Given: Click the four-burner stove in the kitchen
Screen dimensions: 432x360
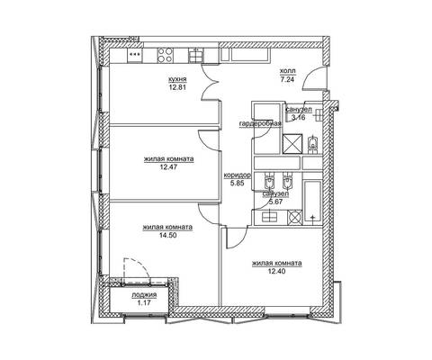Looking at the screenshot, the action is click(x=165, y=55).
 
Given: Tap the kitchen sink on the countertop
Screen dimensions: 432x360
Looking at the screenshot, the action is click(x=195, y=56).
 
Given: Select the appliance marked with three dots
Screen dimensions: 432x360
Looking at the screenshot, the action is click(x=135, y=56).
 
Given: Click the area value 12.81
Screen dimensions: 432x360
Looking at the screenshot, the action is click(x=177, y=88).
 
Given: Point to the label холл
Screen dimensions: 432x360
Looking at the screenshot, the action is click(x=287, y=71).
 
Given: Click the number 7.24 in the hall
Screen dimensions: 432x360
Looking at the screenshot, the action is click(x=287, y=80).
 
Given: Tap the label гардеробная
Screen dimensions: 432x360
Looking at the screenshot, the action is click(x=260, y=124).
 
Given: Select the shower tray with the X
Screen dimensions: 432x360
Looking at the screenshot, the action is click(x=292, y=143).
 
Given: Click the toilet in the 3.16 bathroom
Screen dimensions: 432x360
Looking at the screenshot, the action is click(x=312, y=145).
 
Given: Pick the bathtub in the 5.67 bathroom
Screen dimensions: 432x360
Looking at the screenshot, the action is click(x=313, y=202).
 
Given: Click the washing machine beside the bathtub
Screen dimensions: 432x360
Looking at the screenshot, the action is click(x=294, y=217).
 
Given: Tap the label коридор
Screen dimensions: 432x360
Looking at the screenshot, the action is click(x=238, y=175).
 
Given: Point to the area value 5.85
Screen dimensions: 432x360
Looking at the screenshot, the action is click(x=237, y=183).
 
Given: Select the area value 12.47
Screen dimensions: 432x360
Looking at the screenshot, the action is click(x=168, y=166).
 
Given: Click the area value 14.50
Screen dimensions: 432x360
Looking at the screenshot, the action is click(x=167, y=235).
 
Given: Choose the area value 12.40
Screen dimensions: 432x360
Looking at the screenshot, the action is click(x=276, y=272).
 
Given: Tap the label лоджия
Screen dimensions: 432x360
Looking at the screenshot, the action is click(x=144, y=295).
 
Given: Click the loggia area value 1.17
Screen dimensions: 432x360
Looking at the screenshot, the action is click(x=144, y=303).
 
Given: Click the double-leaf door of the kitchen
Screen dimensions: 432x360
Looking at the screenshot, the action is click(x=210, y=83).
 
